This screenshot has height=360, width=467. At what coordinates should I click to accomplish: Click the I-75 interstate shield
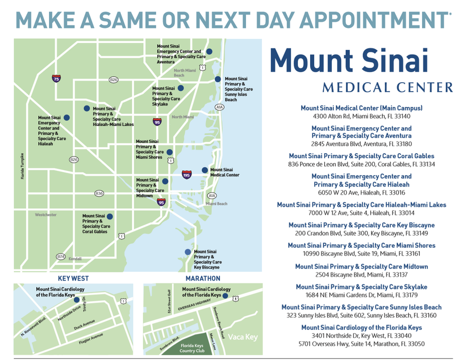point(56,78)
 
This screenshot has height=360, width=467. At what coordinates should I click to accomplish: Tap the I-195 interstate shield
point(186,175)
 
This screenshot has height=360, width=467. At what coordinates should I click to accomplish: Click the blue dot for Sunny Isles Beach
point(218,79)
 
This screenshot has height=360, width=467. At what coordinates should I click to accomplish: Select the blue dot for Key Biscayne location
point(188,252)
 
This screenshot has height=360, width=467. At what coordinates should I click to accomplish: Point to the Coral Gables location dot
point(110,217)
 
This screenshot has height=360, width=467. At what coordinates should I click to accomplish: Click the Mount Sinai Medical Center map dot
point(205,170)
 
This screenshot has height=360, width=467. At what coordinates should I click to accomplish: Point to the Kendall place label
point(74,259)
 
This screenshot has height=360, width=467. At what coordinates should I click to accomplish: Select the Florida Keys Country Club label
point(192,348)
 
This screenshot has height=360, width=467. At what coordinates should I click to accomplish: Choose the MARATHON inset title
point(203,279)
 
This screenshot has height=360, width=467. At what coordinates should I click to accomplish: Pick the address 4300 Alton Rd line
point(361,116)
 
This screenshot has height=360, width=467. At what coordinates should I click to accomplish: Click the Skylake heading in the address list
point(361,287)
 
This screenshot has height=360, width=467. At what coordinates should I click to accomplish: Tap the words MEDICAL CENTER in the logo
point(387,87)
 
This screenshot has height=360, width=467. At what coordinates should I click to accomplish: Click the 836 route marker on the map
point(99,193)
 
